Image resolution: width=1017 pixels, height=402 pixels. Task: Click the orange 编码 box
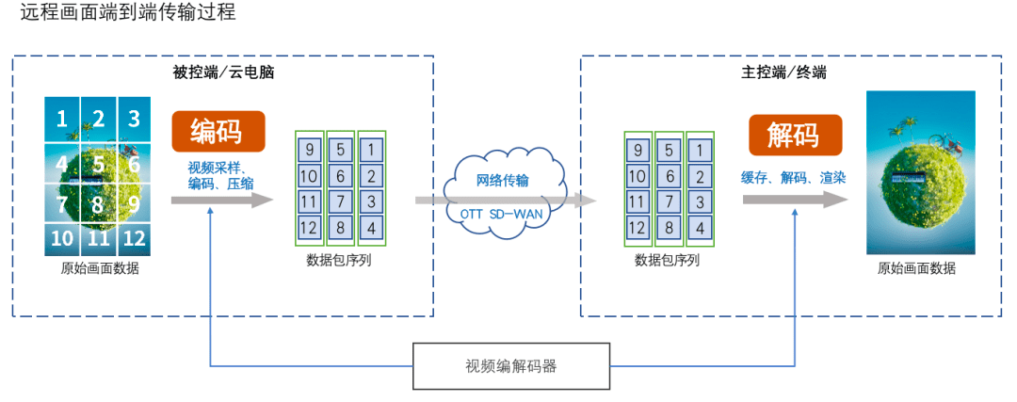218,132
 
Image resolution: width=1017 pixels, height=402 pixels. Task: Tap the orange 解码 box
795,135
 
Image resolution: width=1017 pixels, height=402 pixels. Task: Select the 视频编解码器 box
510,366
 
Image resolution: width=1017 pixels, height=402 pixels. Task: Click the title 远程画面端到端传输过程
127,13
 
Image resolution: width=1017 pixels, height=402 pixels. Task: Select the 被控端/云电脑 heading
222,72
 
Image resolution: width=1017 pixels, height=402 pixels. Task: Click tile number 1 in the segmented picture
62,119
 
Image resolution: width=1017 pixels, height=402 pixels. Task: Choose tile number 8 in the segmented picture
98,202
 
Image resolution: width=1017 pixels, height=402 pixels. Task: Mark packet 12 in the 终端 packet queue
638,227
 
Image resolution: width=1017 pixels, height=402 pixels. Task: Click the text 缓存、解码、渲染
793,177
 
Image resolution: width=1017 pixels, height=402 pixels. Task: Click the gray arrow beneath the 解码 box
796,200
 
